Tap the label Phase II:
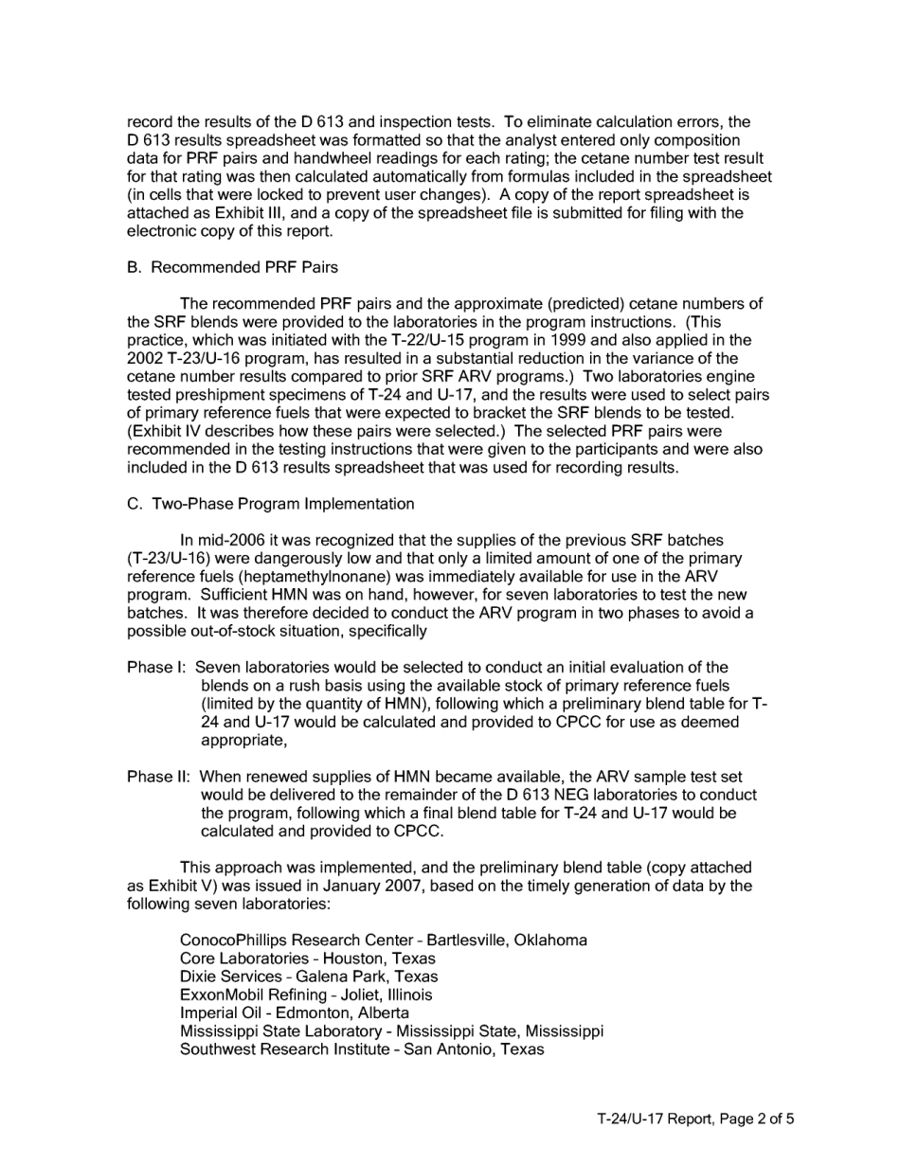[160, 776]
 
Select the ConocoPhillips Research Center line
[383, 941]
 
